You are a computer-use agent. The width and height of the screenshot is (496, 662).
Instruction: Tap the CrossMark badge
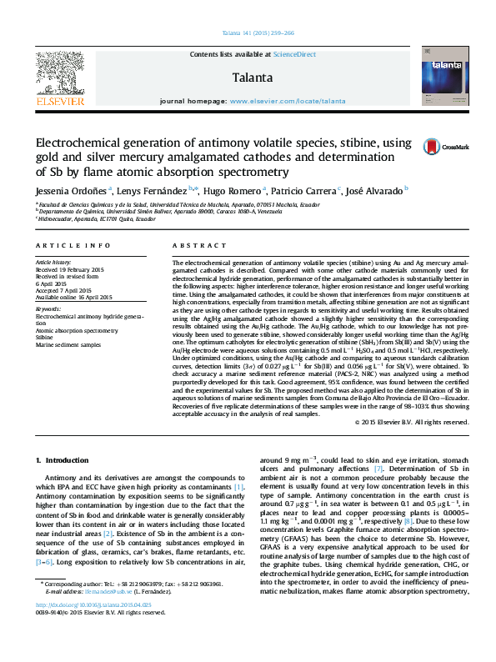click(446, 147)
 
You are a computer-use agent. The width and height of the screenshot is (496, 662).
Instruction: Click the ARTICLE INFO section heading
click(74, 246)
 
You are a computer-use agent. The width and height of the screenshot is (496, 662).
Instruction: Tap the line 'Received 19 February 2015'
click(70, 270)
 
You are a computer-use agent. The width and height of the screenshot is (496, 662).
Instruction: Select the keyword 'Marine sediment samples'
click(68, 344)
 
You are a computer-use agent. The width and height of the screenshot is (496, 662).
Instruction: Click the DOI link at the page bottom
click(83, 627)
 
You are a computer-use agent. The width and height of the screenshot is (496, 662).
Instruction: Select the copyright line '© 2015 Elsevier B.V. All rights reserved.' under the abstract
click(412, 422)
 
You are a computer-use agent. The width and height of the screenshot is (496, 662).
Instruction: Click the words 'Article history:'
click(53, 263)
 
